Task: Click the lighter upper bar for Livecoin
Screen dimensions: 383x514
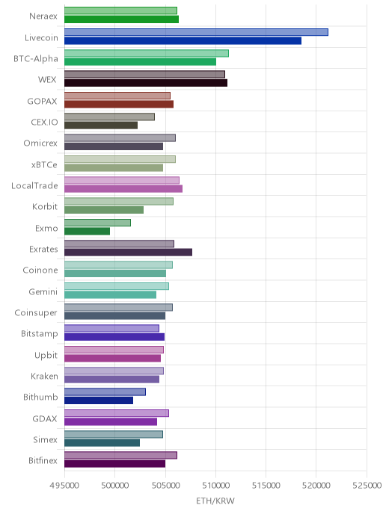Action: click(196, 32)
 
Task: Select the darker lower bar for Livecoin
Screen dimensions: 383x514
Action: click(183, 40)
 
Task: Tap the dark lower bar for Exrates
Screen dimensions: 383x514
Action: click(128, 252)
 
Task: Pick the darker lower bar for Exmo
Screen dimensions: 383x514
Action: click(87, 231)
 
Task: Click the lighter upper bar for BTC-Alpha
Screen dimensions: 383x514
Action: click(147, 53)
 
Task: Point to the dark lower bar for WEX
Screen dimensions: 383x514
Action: click(146, 83)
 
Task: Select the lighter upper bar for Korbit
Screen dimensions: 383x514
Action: click(119, 201)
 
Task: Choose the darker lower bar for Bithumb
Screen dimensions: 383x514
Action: click(99, 400)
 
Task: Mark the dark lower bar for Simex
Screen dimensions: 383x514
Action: click(102, 443)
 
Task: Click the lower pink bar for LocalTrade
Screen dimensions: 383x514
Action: click(123, 189)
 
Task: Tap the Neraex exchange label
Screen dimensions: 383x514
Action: click(43, 16)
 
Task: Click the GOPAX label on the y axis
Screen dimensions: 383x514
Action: click(43, 101)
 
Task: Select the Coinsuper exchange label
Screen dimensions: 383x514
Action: click(36, 313)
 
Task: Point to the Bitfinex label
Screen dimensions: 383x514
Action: click(43, 460)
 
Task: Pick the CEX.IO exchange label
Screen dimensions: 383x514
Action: click(44, 123)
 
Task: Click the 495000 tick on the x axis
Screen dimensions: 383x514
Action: click(64, 485)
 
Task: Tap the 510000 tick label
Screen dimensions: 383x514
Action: click(215, 485)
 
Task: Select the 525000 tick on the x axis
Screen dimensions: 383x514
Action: click(367, 485)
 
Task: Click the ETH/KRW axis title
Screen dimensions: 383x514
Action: click(215, 501)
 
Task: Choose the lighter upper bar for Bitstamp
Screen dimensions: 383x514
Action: click(111, 329)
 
